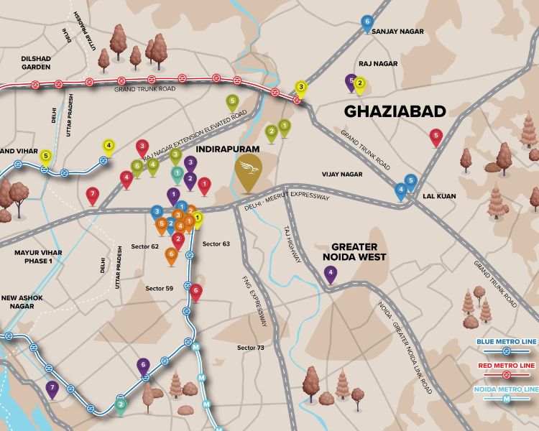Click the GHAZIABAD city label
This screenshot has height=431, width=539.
coord(395,111)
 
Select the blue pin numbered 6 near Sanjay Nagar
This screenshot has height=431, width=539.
coord(367,23)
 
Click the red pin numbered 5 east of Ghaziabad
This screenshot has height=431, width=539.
coord(436,136)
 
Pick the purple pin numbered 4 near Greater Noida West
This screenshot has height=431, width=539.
coord(330,273)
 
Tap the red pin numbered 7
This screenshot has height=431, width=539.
coord(92,194)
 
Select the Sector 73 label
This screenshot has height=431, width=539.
coord(251,348)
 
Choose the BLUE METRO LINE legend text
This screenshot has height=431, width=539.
coord(506,342)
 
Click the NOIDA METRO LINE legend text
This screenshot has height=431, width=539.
coord(506,389)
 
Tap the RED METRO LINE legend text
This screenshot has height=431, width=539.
coord(507,366)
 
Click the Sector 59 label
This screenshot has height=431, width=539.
coord(160,288)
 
